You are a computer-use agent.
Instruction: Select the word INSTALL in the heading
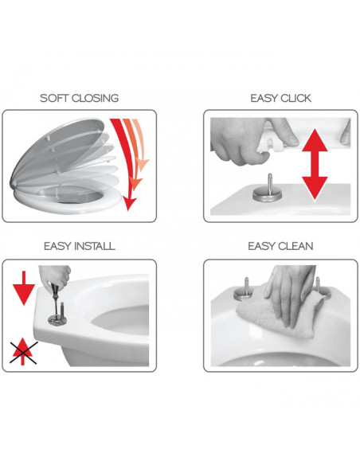click(x=95, y=246)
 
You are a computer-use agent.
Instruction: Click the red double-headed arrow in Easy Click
click(x=315, y=164)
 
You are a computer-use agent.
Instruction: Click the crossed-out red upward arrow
click(x=23, y=352)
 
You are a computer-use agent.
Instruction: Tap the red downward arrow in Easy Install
click(x=24, y=288)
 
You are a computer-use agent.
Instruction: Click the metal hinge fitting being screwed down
click(x=56, y=318)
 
